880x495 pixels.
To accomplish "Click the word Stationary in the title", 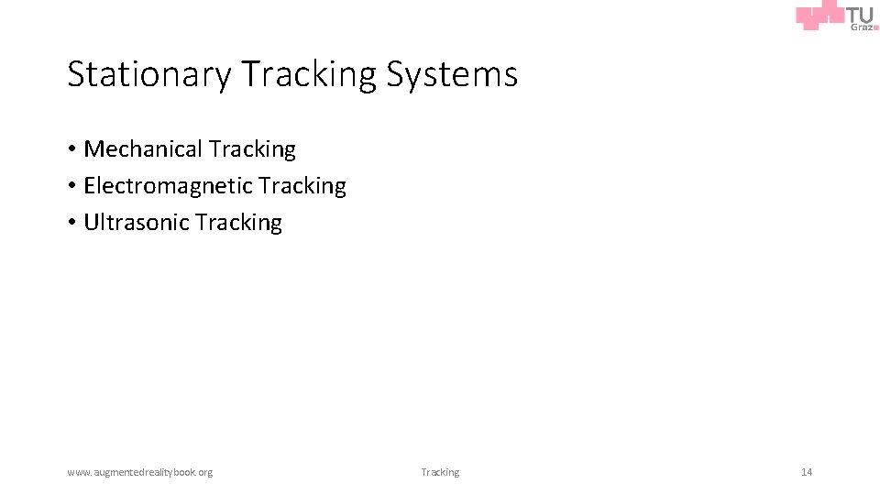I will pyautogui.click(x=149, y=74).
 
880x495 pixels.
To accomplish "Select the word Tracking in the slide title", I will pyautogui.click(x=309, y=74).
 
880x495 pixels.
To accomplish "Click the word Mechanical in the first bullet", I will pyautogui.click(x=143, y=148).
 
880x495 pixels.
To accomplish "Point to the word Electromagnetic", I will pyautogui.click(x=168, y=185).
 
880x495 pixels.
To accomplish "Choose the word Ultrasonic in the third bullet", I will pyautogui.click(x=136, y=222).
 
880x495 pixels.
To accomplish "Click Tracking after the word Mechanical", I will pyautogui.click(x=252, y=148).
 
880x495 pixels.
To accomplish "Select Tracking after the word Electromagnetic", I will pyautogui.click(x=302, y=185).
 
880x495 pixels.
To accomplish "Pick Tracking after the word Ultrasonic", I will pyautogui.click(x=238, y=222).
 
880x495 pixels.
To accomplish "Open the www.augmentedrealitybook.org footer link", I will pyautogui.click(x=139, y=472).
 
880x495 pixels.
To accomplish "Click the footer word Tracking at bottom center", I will pyautogui.click(x=440, y=472).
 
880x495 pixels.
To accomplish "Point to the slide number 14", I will pyautogui.click(x=807, y=472).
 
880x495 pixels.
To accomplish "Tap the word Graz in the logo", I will pyautogui.click(x=860, y=27).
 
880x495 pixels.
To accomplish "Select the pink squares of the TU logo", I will pyautogui.click(x=819, y=16).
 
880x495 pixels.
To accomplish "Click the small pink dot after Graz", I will pyautogui.click(x=875, y=27).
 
